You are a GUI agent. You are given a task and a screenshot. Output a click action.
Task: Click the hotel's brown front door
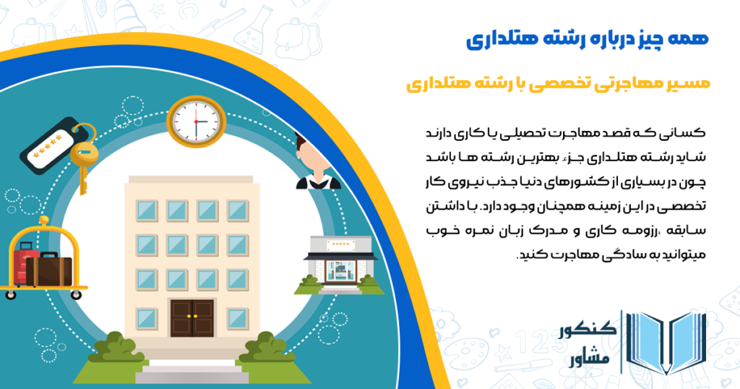[x=192, y=322]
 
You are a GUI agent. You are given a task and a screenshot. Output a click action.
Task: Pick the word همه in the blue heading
[x=690, y=39]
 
